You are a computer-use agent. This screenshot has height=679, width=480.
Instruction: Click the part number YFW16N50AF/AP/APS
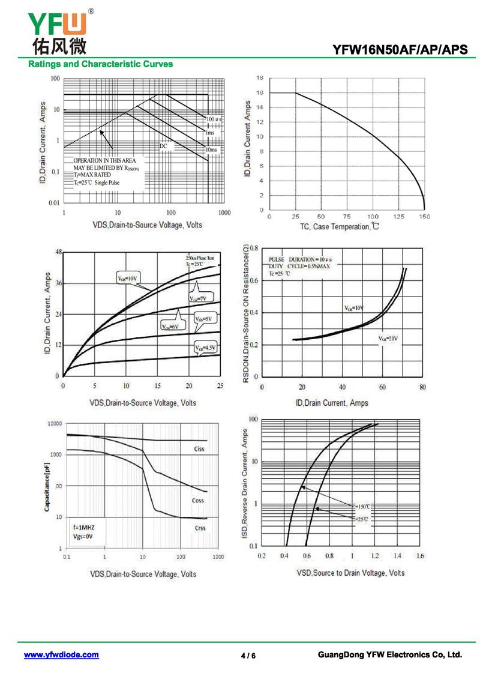[400, 50]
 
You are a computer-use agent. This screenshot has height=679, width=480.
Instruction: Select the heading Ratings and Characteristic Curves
[101, 64]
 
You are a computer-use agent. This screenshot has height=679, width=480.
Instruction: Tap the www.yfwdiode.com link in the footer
[61, 655]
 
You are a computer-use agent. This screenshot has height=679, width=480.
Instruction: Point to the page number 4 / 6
[248, 656]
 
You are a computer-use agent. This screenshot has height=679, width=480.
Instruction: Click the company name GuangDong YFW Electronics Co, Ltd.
[390, 655]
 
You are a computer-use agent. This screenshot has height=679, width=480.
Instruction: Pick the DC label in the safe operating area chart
[163, 146]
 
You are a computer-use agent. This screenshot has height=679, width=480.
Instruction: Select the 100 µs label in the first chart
[214, 119]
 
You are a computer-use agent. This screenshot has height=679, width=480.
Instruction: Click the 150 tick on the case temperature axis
[424, 217]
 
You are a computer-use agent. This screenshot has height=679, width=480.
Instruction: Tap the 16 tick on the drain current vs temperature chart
[260, 93]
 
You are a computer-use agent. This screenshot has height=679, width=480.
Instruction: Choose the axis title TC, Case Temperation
[340, 227]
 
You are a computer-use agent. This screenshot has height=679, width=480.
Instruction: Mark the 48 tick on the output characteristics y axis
[58, 252]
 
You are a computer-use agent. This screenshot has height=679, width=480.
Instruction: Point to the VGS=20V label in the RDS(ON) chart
[388, 339]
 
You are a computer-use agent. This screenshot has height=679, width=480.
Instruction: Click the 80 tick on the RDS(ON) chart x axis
[422, 387]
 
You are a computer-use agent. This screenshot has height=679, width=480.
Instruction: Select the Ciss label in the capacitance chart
[199, 449]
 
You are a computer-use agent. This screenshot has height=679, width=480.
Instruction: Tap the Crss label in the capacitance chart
[200, 528]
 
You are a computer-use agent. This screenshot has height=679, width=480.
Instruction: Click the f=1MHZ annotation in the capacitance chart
[83, 527]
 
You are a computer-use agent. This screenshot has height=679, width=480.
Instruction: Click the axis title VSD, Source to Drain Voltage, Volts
[350, 573]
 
